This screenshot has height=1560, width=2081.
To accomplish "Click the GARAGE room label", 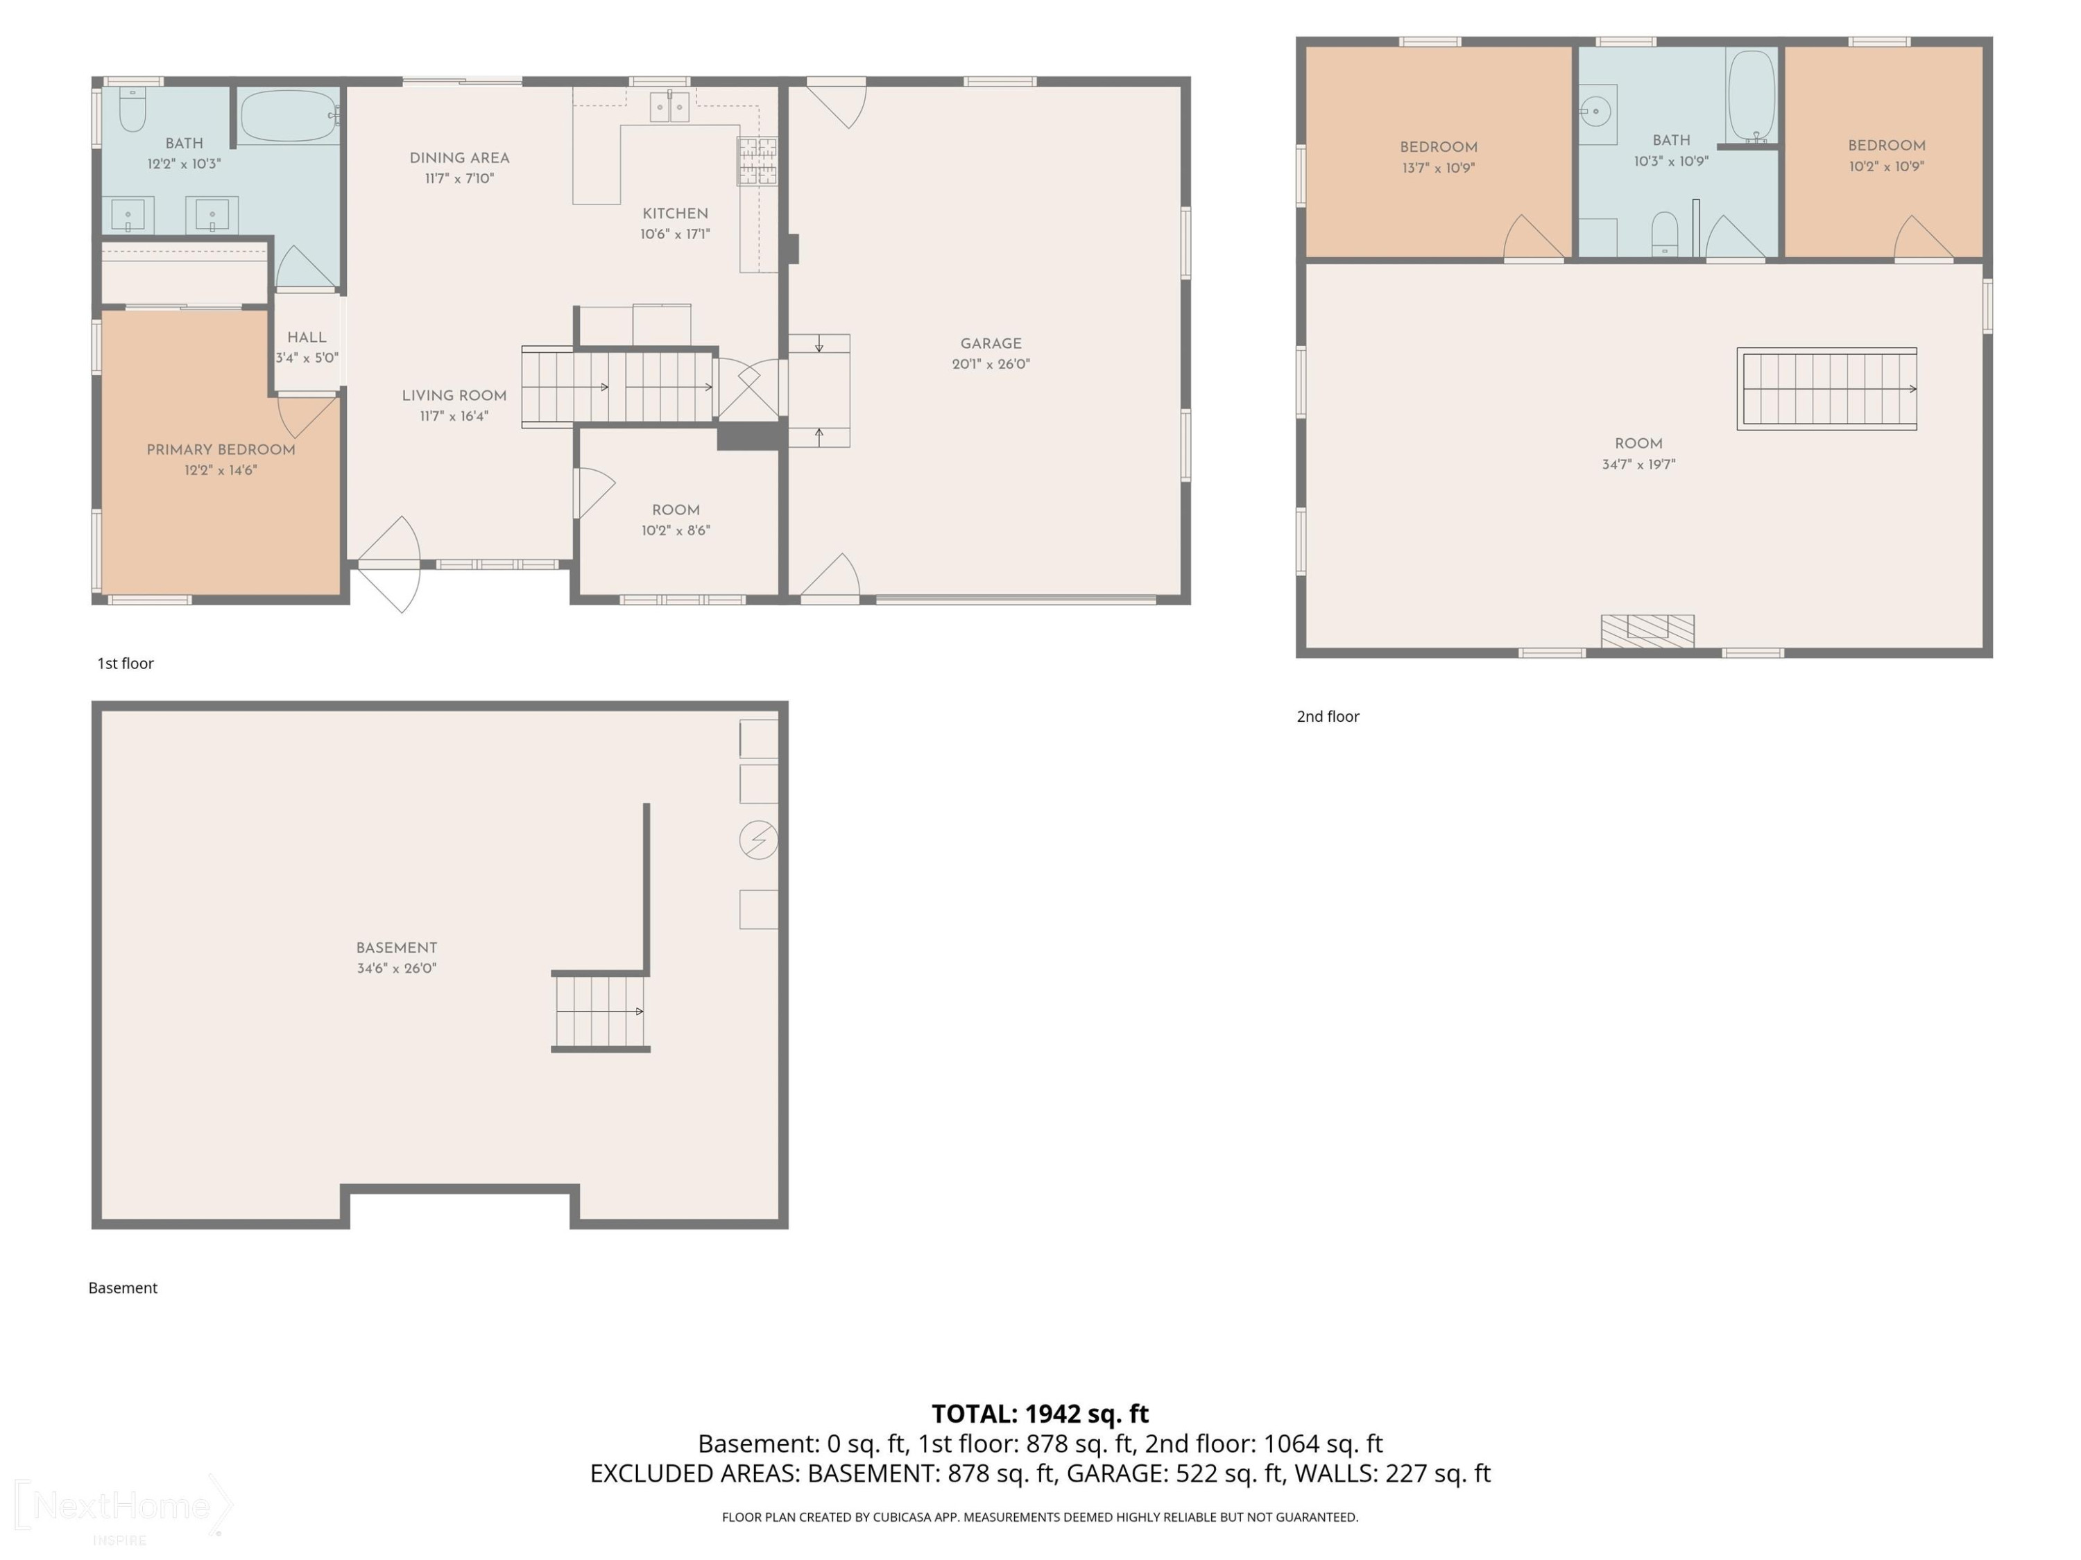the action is [991, 343].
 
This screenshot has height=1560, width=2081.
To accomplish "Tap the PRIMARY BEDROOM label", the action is [221, 449].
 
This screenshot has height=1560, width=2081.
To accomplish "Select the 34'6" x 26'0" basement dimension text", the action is [396, 968].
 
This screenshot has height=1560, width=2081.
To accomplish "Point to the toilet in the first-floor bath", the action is [132, 109].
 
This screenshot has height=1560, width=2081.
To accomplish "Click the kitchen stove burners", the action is [757, 161].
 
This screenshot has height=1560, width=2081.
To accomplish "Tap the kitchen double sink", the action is [670, 107].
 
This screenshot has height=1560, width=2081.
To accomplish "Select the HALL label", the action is [307, 337].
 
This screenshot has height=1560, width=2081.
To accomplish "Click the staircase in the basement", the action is [600, 1012].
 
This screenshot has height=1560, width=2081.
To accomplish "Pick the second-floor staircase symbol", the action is [1827, 388].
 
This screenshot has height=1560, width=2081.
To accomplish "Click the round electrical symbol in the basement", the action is [758, 839].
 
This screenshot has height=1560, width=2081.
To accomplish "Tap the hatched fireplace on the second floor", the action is [1647, 631].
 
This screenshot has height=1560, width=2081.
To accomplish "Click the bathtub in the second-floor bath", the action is [1751, 96].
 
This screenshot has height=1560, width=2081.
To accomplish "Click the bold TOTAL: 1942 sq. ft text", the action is [1040, 1413].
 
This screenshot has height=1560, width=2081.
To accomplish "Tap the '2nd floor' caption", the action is [1328, 716].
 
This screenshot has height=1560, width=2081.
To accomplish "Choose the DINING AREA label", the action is [459, 158].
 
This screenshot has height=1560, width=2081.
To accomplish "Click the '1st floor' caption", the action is [125, 663].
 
